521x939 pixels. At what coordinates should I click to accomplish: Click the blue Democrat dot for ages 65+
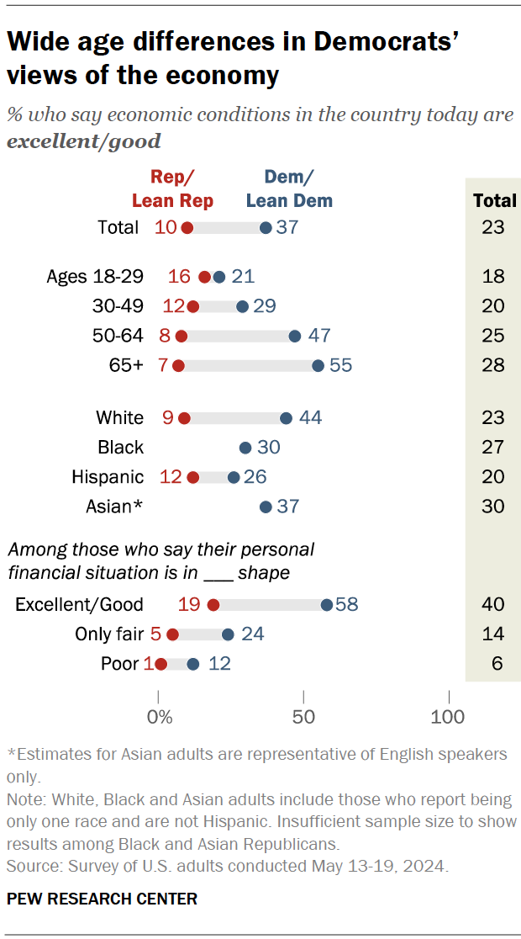[318, 365]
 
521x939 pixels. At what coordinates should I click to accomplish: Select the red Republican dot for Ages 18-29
[204, 277]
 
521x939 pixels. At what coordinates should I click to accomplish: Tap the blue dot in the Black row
[245, 448]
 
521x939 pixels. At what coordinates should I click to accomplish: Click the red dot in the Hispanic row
[193, 477]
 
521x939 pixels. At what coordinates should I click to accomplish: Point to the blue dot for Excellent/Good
[326, 605]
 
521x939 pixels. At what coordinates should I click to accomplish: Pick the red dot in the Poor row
[161, 664]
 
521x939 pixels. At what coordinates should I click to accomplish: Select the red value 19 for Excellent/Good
[189, 605]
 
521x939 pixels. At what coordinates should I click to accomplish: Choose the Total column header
[494, 200]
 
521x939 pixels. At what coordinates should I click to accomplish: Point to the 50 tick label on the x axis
[303, 717]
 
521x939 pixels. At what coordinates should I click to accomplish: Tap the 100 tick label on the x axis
[448, 717]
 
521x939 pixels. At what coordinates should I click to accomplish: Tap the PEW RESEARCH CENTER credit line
[102, 899]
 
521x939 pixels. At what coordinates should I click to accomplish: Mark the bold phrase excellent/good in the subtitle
[83, 141]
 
